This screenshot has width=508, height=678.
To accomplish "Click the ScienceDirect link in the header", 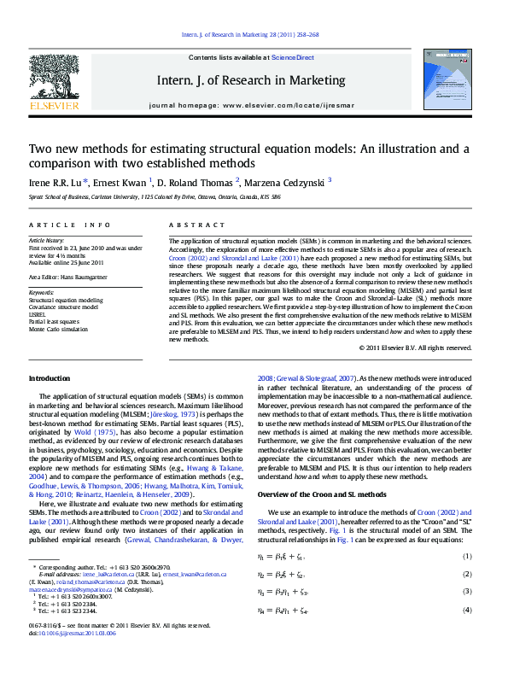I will pos(293,58).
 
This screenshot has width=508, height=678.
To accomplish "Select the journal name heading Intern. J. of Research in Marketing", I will pos(251,81).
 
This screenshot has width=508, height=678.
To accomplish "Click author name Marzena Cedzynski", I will pos(284,181).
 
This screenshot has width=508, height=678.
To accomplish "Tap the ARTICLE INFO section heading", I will pos(70,225).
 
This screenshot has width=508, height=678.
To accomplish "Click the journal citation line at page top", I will pos(250,35).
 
